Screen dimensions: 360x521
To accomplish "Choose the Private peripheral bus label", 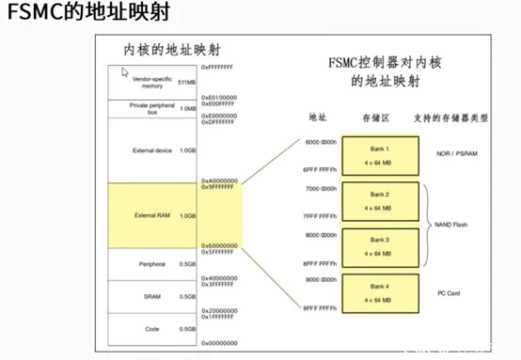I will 150,109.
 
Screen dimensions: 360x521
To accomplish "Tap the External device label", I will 150,150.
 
